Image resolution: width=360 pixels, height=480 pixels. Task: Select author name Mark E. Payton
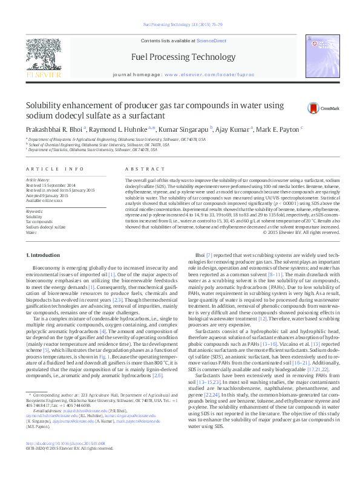pos(278,129)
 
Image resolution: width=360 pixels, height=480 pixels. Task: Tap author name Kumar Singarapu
pos(184,129)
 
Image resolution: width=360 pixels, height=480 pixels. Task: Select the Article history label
pos(38,180)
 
